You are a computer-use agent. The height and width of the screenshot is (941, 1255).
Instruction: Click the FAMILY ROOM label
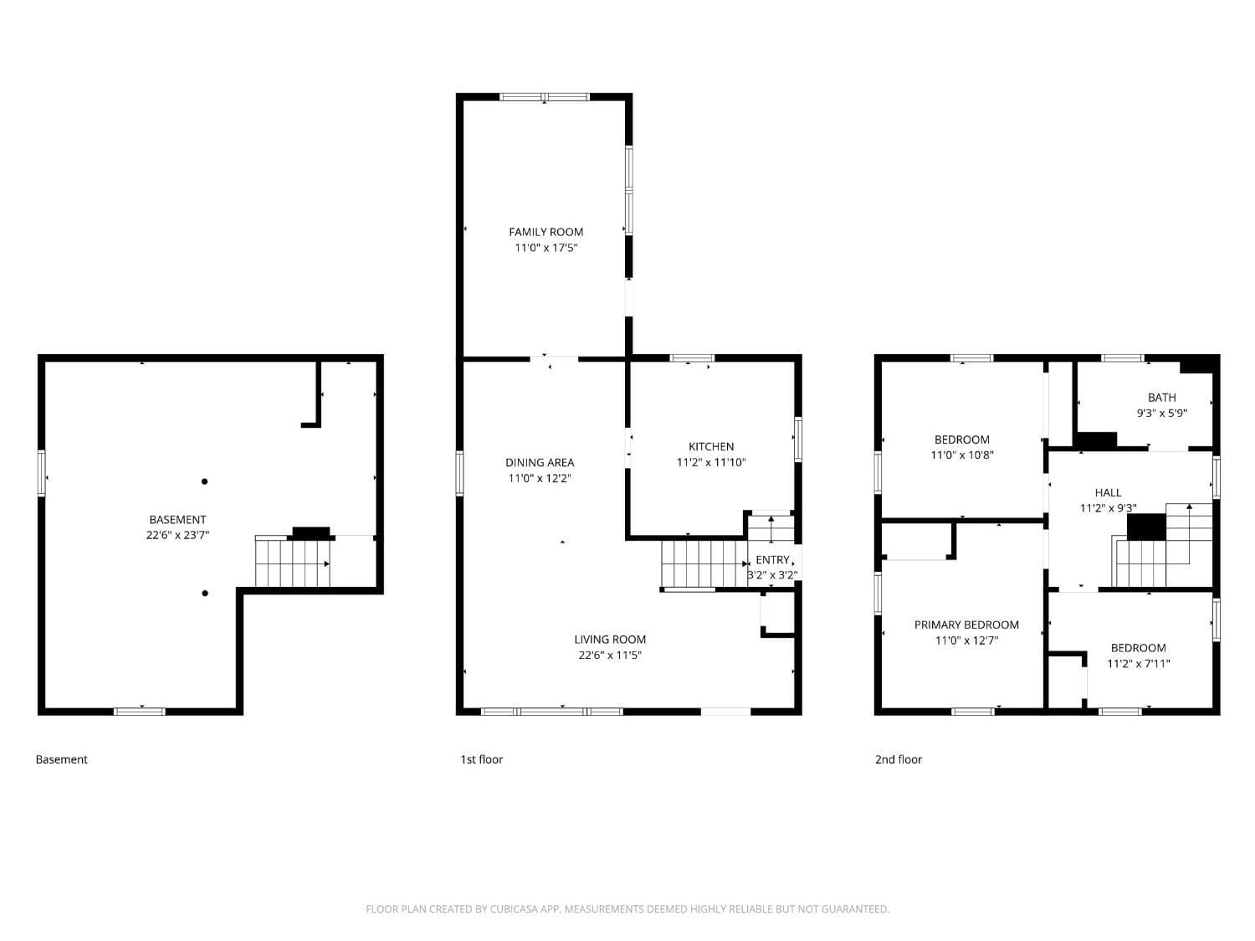point(546,232)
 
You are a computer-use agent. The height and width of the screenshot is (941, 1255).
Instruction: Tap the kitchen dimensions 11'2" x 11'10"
point(710,462)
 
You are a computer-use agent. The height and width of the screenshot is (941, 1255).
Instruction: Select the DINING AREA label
point(540,462)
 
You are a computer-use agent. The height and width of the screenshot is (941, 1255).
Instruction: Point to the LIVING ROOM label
point(610,640)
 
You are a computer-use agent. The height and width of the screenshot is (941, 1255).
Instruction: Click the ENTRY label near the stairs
point(772,559)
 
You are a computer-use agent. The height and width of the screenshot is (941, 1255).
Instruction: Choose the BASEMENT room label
point(177,520)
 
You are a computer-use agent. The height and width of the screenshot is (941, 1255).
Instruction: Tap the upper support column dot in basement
point(204,481)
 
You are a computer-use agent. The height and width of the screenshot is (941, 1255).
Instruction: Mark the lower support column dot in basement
point(204,594)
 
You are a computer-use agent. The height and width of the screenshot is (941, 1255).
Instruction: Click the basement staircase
point(292,563)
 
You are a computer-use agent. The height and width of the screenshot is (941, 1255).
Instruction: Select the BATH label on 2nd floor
point(1161,398)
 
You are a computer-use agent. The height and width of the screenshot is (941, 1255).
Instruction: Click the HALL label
point(1108,492)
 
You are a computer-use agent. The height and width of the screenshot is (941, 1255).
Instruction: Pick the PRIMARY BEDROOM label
point(966,625)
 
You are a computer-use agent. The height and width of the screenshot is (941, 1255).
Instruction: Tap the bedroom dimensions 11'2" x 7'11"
point(1138,664)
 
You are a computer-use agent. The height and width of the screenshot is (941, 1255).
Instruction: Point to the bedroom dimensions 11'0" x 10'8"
point(962,455)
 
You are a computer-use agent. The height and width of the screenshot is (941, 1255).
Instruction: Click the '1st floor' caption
point(481,759)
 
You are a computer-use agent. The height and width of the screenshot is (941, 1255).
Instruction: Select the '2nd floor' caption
point(898,759)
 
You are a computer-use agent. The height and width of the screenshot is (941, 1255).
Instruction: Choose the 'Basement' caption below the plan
point(61,759)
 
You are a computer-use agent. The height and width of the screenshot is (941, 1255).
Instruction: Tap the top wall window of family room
point(545,97)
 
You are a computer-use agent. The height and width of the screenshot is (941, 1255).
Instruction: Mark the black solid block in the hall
point(1146,527)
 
